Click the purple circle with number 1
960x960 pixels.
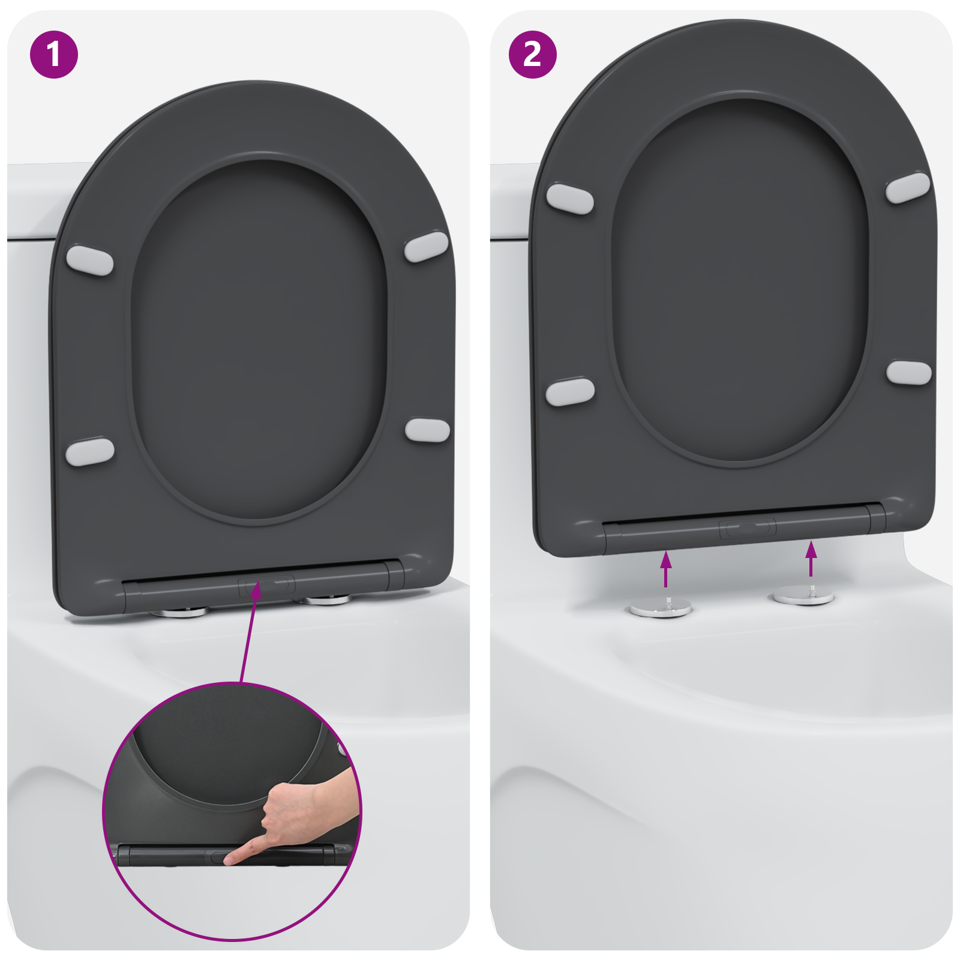(x=54, y=55)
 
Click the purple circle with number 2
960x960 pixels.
(x=532, y=55)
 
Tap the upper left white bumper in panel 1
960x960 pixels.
(x=89, y=260)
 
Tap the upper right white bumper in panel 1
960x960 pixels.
(x=427, y=247)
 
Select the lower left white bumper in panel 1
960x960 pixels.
(x=90, y=452)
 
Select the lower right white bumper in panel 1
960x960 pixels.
(x=427, y=430)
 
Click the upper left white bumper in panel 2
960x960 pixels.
(x=570, y=199)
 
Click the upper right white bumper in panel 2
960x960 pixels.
(x=908, y=187)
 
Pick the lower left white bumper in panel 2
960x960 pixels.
(x=570, y=392)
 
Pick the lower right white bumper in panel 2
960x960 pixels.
(x=908, y=373)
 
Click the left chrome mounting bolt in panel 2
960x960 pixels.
(x=661, y=608)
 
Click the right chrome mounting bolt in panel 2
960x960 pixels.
(x=803, y=596)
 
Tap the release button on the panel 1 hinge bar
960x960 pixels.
(x=266, y=585)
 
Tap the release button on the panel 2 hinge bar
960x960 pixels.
(x=748, y=528)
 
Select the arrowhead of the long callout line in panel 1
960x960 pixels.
(x=256, y=589)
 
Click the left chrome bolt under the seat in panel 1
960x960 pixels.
(x=178, y=613)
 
